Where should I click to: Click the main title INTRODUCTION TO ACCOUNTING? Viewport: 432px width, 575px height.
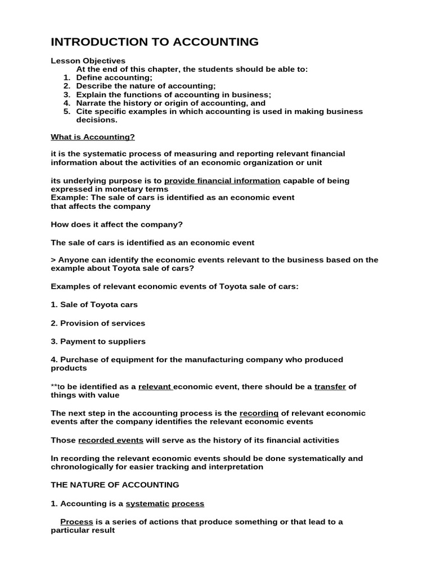[155, 42]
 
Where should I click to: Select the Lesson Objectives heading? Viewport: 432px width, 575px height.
[88, 61]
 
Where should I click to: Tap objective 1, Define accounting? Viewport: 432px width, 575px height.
[114, 77]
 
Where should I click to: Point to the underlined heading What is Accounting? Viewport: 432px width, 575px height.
[93, 136]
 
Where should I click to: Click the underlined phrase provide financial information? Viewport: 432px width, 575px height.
[222, 181]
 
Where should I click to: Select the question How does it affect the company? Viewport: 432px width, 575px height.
[116, 225]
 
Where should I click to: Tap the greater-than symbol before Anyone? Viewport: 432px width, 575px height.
[53, 260]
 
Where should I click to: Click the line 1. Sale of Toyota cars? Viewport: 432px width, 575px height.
[94, 305]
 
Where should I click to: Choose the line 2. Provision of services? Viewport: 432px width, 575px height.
[98, 323]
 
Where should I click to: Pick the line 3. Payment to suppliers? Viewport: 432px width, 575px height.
[98, 341]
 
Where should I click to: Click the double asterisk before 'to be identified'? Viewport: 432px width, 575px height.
[54, 387]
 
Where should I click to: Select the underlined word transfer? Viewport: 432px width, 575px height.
[330, 387]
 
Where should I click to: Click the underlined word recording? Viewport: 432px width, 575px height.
[259, 413]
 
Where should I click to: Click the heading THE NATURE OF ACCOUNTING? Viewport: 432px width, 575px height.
[115, 485]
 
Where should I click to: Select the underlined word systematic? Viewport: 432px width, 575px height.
[147, 504]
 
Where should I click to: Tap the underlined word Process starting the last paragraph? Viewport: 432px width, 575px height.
[76, 522]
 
